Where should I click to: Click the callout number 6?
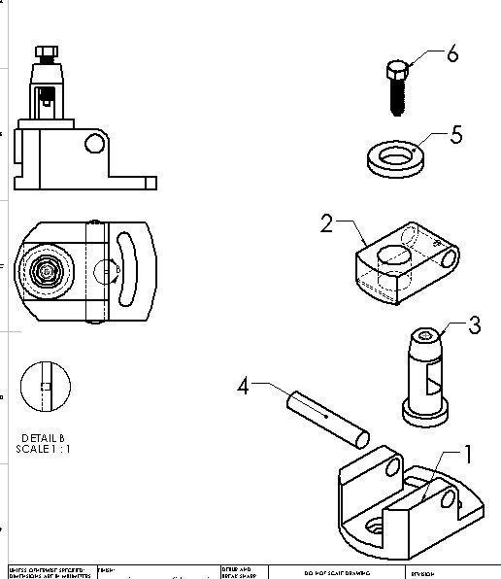(x=451, y=54)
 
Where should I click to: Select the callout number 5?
(x=456, y=134)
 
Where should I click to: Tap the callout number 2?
(x=327, y=224)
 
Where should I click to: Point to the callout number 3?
(x=474, y=324)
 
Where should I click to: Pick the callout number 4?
(x=244, y=386)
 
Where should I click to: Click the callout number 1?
(x=467, y=453)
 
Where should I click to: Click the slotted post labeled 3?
(x=425, y=374)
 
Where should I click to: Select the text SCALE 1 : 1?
(x=44, y=449)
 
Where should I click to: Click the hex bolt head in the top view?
(x=44, y=271)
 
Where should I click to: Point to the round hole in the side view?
(x=95, y=144)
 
